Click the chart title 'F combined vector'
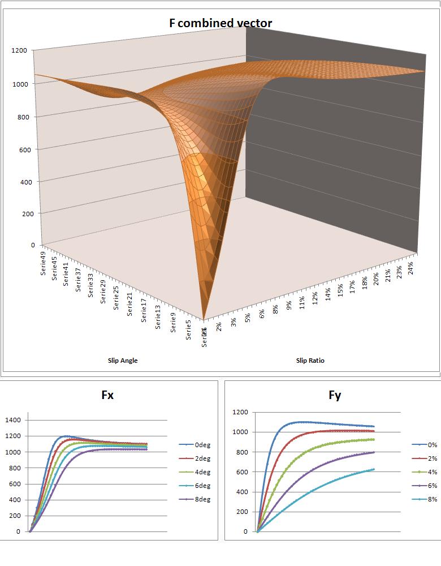pos(220,23)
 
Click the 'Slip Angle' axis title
pos(123,361)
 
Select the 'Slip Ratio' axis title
pos(310,361)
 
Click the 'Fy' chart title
pos(335,395)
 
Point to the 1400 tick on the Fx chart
pos(12,420)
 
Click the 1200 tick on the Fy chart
pos(240,412)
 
